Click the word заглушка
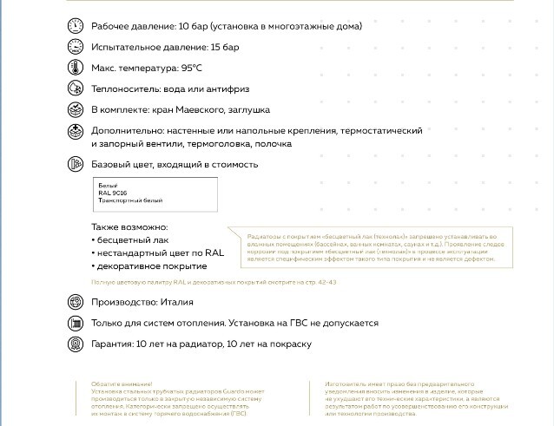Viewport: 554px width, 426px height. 247,110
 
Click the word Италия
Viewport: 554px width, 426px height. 177,302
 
